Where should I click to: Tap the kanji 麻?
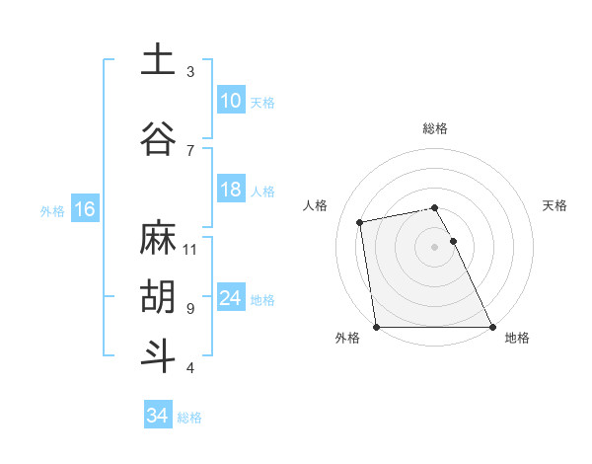pyautogui.click(x=158, y=238)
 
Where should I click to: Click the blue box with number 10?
pyautogui.click(x=230, y=101)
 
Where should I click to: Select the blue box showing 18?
pyautogui.click(x=230, y=190)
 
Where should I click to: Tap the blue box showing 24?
pyautogui.click(x=230, y=298)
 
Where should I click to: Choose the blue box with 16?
pyautogui.click(x=84, y=209)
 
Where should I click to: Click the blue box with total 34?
pyautogui.click(x=157, y=416)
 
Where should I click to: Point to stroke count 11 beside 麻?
pyautogui.click(x=190, y=249)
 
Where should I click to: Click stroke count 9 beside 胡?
pyautogui.click(x=190, y=308)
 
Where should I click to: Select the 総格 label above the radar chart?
pyautogui.click(x=435, y=128)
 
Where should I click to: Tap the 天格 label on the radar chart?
pyautogui.click(x=555, y=205)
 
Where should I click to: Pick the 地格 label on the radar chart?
pyautogui.click(x=517, y=338)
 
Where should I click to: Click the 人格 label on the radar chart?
pyautogui.click(x=316, y=205)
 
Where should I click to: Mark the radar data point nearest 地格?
pyautogui.click(x=491, y=326)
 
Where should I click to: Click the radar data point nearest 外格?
pyautogui.click(x=377, y=326)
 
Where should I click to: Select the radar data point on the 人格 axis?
pyautogui.click(x=361, y=222)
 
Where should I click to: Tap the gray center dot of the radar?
pyautogui.click(x=435, y=247)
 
